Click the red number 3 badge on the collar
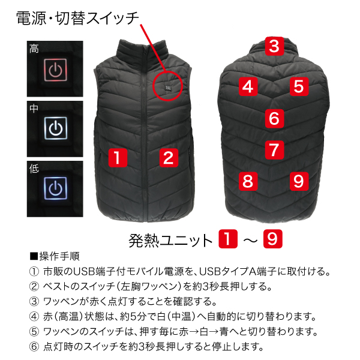[x=274, y=46]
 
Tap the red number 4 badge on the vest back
[x=248, y=86]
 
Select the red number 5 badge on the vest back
[x=299, y=86]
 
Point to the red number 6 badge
[x=274, y=118]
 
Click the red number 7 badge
[x=274, y=150]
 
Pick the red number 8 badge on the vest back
[x=248, y=181]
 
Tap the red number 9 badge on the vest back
[x=299, y=181]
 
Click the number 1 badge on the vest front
[x=118, y=158]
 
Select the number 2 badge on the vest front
[x=169, y=158]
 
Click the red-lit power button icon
[x=55, y=70]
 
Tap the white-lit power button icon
[x=56, y=128]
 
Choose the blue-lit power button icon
[x=55, y=188]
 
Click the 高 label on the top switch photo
[x=34, y=49]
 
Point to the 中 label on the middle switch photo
[x=34, y=109]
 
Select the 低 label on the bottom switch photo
[x=34, y=169]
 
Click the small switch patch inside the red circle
[x=168, y=88]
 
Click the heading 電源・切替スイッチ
[x=78, y=18]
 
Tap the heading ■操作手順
[x=55, y=256]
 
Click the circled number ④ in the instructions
[x=34, y=317]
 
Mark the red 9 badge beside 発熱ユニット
[x=273, y=239]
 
